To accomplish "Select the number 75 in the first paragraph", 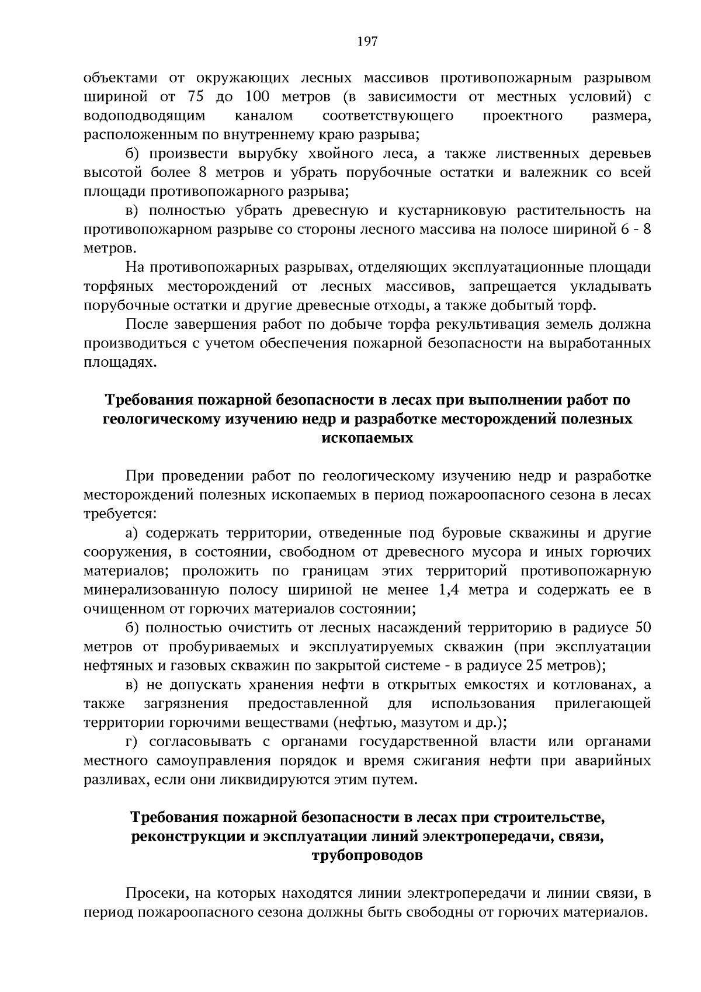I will pyautogui.click(x=195, y=96).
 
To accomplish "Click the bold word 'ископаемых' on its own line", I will pyautogui.click(x=367, y=438).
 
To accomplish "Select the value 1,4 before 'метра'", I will pyautogui.click(x=449, y=590).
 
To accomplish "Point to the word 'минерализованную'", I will pyautogui.click(x=145, y=590).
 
